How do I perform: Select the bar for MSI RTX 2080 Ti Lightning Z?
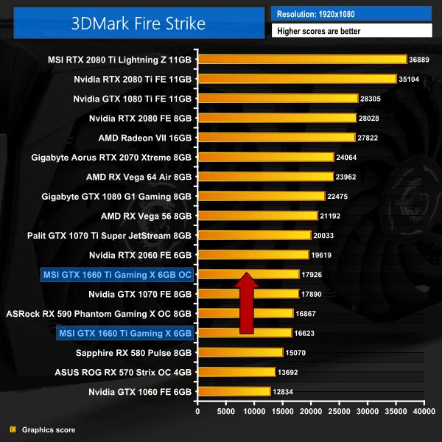(x=302, y=59)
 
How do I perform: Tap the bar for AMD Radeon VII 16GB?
(x=276, y=137)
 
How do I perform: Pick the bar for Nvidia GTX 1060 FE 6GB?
(x=234, y=391)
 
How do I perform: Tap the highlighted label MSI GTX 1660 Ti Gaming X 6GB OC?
(x=116, y=275)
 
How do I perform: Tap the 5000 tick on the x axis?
(x=225, y=412)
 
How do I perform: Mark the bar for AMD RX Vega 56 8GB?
(x=258, y=215)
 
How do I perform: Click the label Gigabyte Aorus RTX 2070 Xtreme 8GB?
(x=112, y=157)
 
